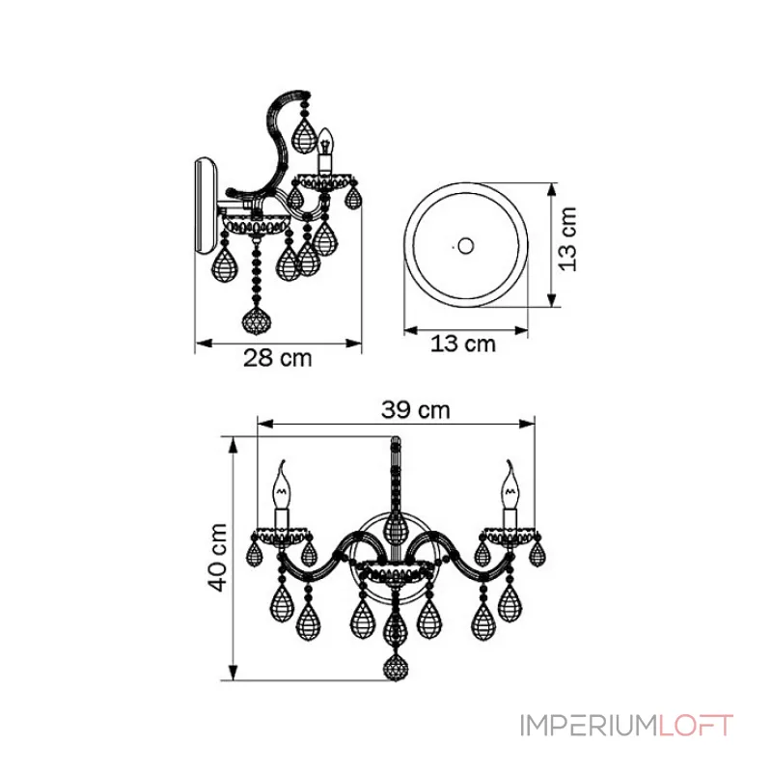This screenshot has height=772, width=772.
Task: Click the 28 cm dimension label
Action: pyautogui.click(x=278, y=358)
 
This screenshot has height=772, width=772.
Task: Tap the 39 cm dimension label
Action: pyautogui.click(x=416, y=409)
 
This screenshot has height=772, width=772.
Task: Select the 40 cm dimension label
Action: pyautogui.click(x=217, y=557)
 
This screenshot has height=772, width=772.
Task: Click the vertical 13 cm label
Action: pyautogui.click(x=567, y=238)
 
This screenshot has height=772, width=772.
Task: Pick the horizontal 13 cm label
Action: pyautogui.click(x=463, y=344)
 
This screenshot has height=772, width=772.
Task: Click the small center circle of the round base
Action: pyautogui.click(x=465, y=245)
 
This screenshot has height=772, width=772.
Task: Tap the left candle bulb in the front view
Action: pyautogui.click(x=282, y=484)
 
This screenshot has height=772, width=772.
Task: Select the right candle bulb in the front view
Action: pyautogui.click(x=510, y=484)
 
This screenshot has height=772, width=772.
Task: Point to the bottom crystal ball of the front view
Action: pyautogui.click(x=396, y=668)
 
